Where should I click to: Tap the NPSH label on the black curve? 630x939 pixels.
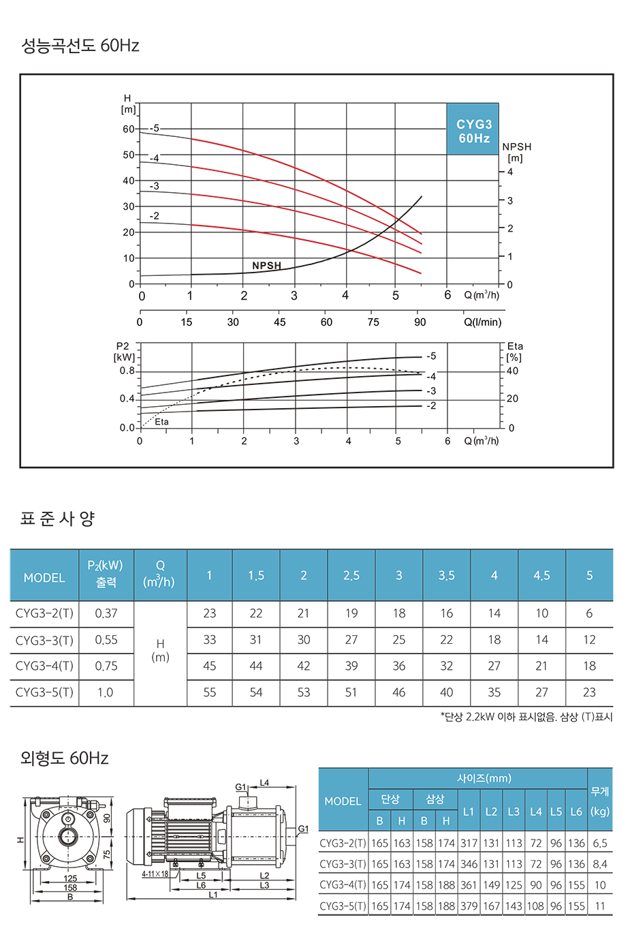pyautogui.click(x=266, y=266)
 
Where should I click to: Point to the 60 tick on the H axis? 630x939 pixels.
pyautogui.click(x=129, y=129)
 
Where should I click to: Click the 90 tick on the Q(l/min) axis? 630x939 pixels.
pyautogui.click(x=420, y=322)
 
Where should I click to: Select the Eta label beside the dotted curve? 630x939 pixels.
pyautogui.click(x=161, y=422)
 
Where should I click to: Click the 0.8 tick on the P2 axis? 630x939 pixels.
pyautogui.click(x=127, y=371)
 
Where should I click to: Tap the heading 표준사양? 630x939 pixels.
pyautogui.click(x=58, y=519)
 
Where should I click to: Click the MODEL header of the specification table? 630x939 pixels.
pyautogui.click(x=44, y=578)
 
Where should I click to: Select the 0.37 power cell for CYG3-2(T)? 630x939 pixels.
pyautogui.click(x=106, y=613)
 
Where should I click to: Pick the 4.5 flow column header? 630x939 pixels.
pyautogui.click(x=541, y=576)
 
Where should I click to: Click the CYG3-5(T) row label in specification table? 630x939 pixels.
pyautogui.click(x=44, y=692)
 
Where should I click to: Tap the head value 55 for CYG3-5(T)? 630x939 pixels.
pyautogui.click(x=210, y=692)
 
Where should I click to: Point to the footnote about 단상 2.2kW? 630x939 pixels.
pyautogui.click(x=526, y=717)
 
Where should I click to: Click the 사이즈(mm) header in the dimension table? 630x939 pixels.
pyautogui.click(x=484, y=778)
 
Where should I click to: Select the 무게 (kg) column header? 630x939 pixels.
pyautogui.click(x=600, y=801)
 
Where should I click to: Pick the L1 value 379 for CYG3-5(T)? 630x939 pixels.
pyautogui.click(x=469, y=906)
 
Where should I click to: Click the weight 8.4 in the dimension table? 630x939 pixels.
pyautogui.click(x=600, y=864)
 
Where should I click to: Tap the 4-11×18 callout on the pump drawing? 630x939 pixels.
pyautogui.click(x=155, y=874)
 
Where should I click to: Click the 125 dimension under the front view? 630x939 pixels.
pyautogui.click(x=70, y=879)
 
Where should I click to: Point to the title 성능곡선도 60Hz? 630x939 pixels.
pyautogui.click(x=80, y=46)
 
